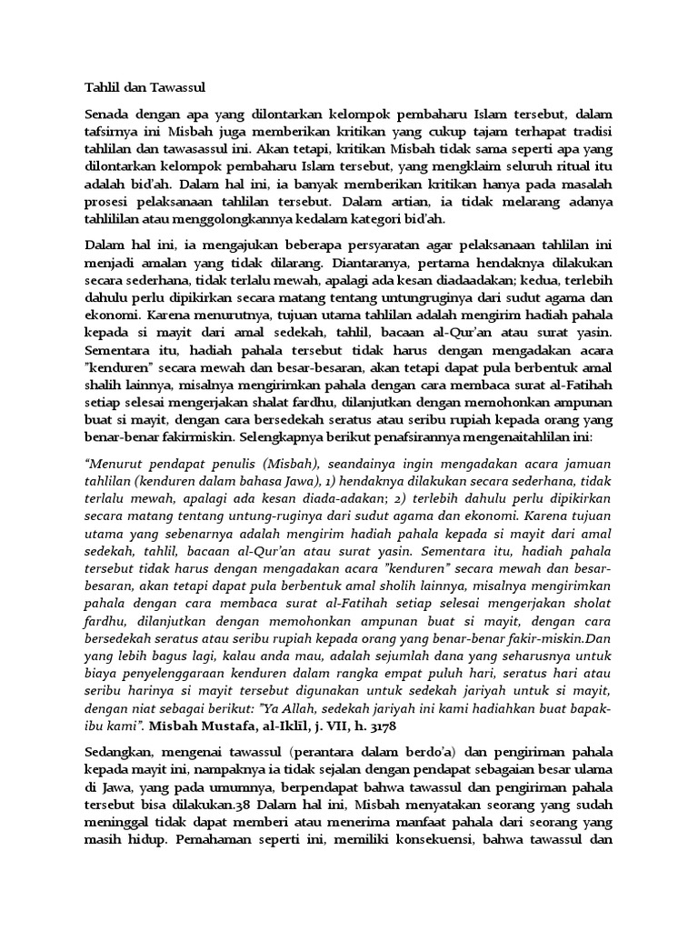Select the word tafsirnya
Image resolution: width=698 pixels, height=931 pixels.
[x=114, y=132]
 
